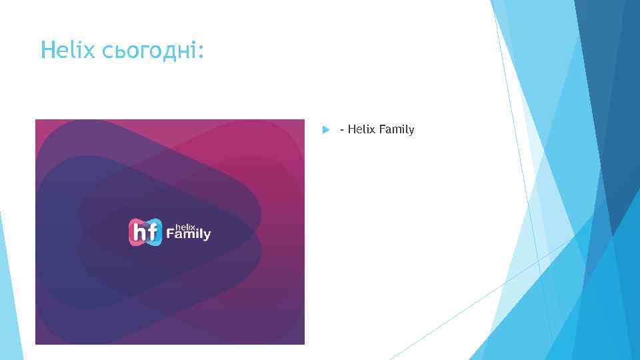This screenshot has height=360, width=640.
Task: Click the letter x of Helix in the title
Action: [x=94, y=51]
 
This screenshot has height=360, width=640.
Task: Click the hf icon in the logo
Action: [x=145, y=232]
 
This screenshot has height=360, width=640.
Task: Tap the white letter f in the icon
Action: [x=153, y=232]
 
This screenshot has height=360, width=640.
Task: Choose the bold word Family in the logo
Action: [x=189, y=235]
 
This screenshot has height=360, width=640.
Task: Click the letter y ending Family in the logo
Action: [x=207, y=236]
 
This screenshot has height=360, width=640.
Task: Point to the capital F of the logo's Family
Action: [x=170, y=234]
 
